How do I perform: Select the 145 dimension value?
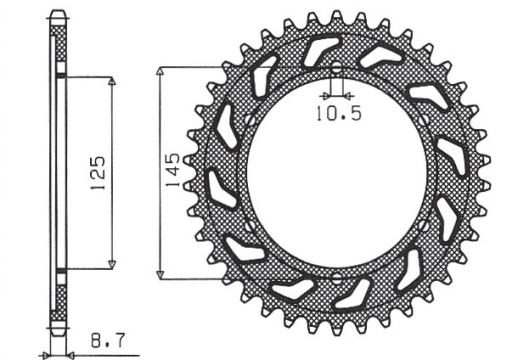click(173, 167)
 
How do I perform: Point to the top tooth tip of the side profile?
click(57, 11)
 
